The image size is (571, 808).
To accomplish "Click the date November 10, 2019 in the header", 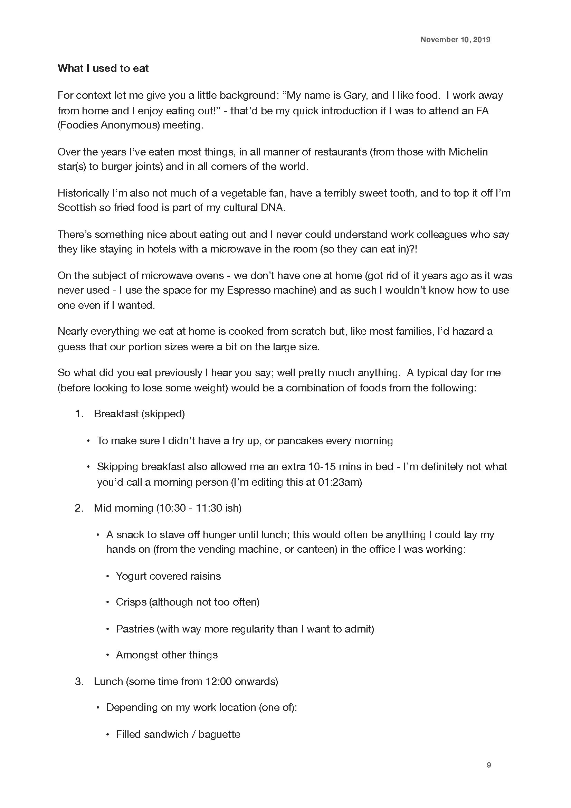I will tap(455, 39).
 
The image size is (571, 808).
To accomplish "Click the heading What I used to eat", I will tap(103, 68).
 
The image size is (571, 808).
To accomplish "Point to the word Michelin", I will tap(468, 152).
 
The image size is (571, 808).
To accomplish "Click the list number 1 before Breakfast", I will tap(78, 414).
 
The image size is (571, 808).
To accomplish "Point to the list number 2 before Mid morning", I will tap(78, 508).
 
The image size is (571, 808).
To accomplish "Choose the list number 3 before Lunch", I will tap(78, 682).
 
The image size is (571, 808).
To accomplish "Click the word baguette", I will tap(219, 734).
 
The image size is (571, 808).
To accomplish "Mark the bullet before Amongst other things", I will tap(108, 655).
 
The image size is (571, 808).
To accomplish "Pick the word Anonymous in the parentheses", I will tap(130, 125).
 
